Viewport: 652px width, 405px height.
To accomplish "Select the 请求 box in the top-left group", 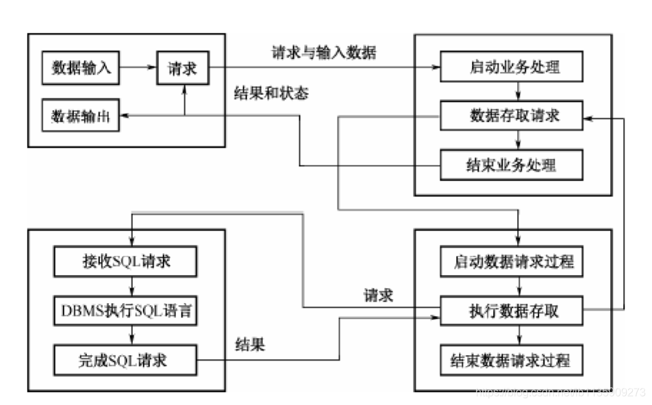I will [x=182, y=68].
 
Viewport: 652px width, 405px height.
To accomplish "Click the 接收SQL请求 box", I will [x=125, y=261].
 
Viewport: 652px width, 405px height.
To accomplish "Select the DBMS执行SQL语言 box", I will [x=125, y=311].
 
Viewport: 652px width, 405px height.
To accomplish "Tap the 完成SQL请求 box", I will [x=125, y=360].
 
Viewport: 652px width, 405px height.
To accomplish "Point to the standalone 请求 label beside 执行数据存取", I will [x=378, y=296].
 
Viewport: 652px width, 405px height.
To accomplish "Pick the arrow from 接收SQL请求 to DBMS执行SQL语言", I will [x=130, y=287].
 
